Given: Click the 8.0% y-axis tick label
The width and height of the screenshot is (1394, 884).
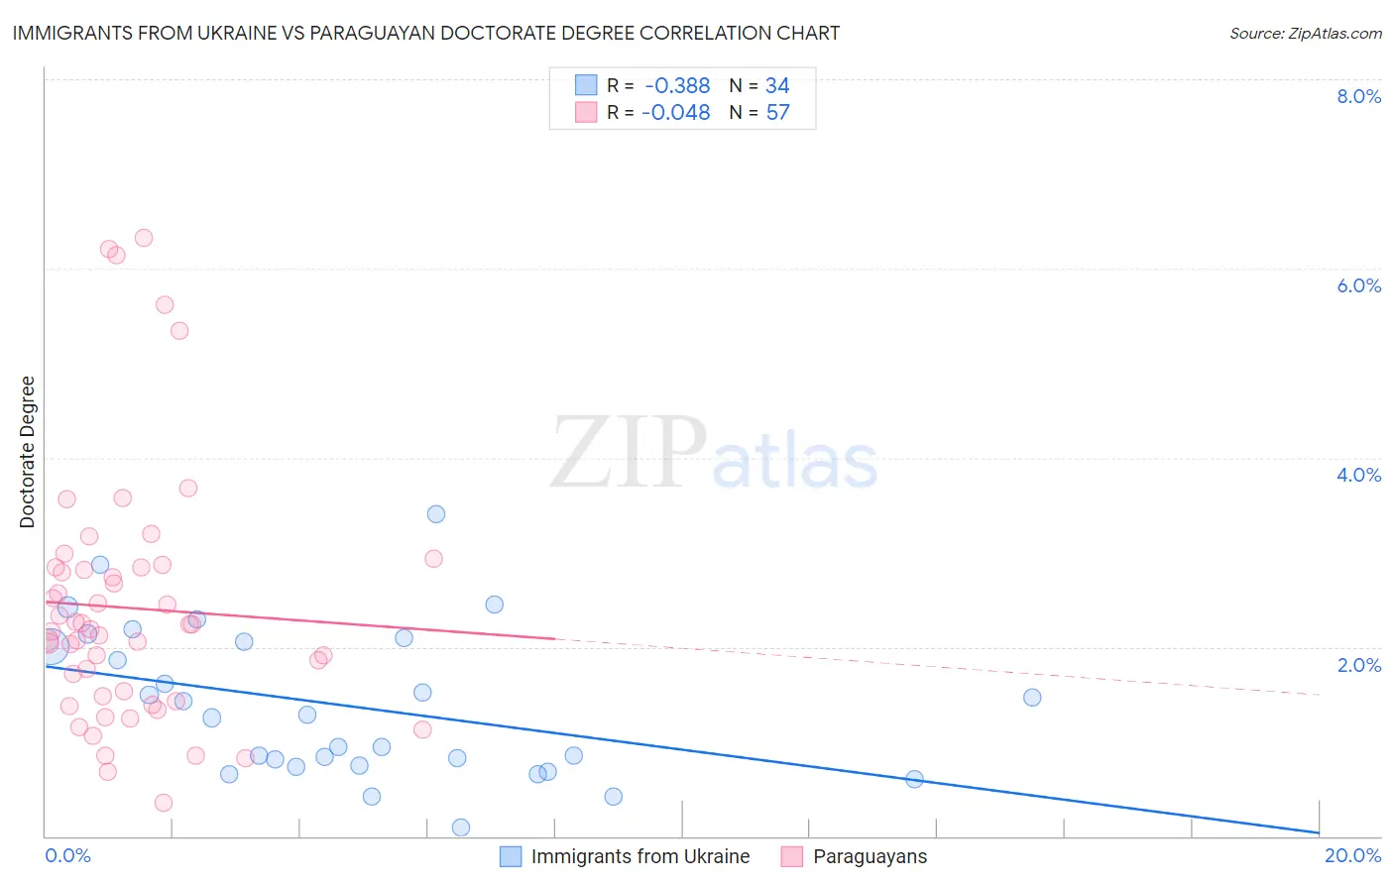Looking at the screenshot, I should coord(1358,96).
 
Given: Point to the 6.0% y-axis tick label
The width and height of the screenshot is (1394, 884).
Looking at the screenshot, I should coord(1358,285).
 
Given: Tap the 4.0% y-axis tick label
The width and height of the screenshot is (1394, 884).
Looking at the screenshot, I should coord(1358,475).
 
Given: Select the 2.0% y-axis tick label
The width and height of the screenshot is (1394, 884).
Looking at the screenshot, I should coord(1358,664).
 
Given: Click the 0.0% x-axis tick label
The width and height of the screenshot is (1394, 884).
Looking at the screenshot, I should coord(67,855).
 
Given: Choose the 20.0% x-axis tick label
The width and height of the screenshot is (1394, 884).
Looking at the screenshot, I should coord(1352,855).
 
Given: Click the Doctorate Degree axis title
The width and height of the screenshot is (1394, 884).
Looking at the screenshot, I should coord(27,452).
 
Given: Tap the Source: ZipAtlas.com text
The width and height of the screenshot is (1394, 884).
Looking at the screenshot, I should coord(1305,33).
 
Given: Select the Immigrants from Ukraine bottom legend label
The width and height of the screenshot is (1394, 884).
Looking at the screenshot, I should coord(639,856).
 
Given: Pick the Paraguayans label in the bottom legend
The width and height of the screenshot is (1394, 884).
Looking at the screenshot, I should coord(870,856).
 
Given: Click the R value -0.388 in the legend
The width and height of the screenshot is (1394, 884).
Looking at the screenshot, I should coord(677,85).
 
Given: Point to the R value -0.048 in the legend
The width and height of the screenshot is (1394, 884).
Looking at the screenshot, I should coord(675,112).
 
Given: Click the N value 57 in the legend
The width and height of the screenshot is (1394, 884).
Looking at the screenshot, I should coord(778,112).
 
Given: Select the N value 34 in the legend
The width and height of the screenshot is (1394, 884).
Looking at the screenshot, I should coord(777,85).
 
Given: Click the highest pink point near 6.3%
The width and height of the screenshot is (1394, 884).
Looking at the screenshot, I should coord(144,238).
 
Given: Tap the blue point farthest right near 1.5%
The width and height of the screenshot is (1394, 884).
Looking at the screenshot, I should coord(1032,697).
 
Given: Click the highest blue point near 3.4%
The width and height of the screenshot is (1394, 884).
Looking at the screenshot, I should coord(436,513).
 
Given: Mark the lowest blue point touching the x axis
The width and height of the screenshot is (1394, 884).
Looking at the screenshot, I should coord(461,828).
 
